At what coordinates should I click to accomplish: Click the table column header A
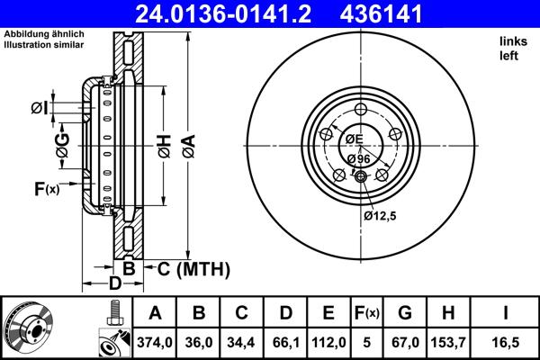(155, 312)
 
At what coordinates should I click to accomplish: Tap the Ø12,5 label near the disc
(381, 215)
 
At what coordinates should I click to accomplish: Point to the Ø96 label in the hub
(357, 158)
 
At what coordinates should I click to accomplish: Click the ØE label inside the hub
(353, 139)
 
